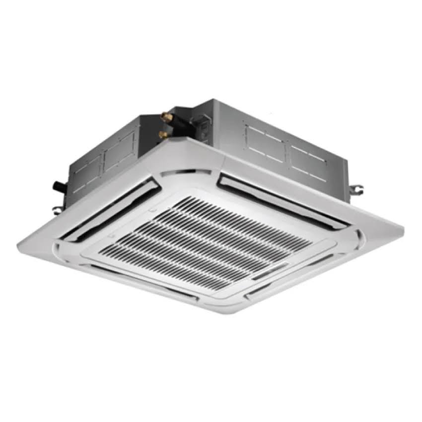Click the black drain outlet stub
click(x=59, y=187)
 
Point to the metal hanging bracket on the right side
click(x=357, y=189)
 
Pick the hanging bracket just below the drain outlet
click(x=59, y=203)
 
